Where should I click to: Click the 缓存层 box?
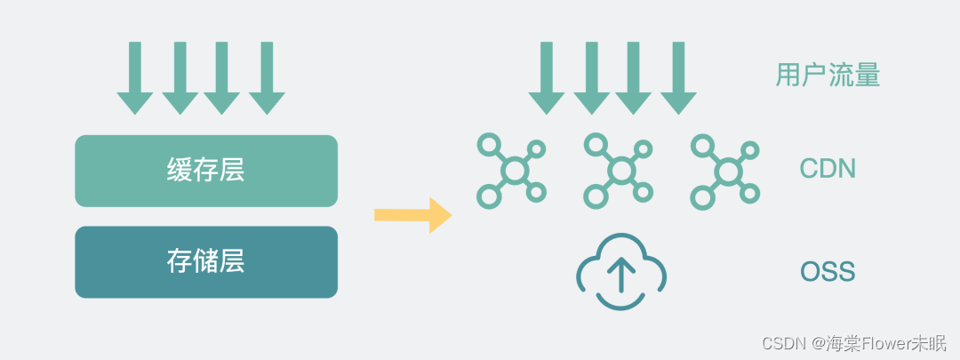[x=206, y=171]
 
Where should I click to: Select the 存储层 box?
[x=206, y=261]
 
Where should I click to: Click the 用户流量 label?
[x=828, y=76]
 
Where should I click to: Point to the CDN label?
[x=828, y=168]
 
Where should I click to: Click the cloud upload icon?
[x=620, y=272]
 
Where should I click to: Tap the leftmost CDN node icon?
[x=512, y=170]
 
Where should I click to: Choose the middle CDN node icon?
[x=619, y=170]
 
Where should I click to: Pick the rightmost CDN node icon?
[x=725, y=170]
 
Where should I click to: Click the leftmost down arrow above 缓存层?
[x=135, y=78]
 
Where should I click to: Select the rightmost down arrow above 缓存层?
[x=267, y=78]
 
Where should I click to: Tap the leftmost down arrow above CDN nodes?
[x=547, y=78]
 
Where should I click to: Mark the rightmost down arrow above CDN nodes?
[x=678, y=78]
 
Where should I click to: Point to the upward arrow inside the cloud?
[x=620, y=276]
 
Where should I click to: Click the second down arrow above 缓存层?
[x=180, y=78]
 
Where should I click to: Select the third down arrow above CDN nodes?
[x=634, y=78]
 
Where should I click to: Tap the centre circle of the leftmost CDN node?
[x=513, y=170]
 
